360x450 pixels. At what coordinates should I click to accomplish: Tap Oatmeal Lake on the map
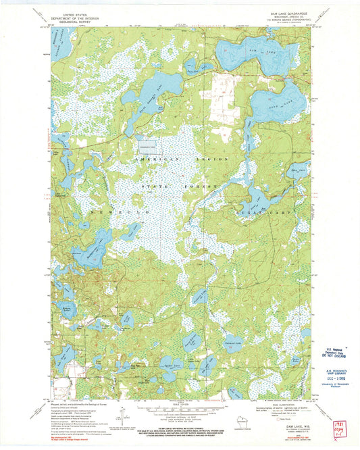[232, 342]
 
